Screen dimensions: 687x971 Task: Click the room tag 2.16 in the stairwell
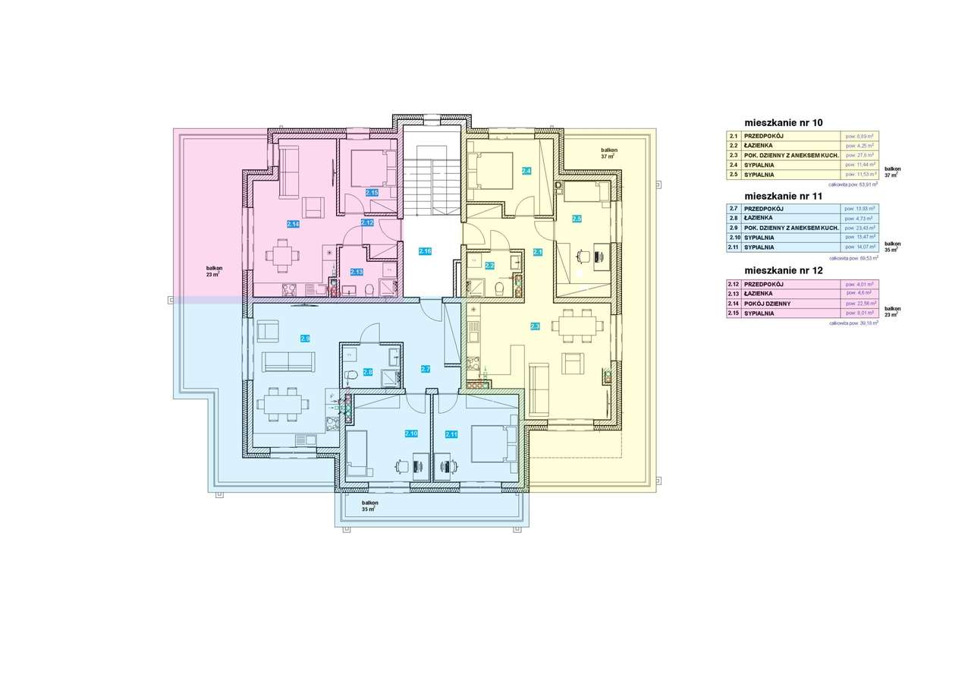point(425,251)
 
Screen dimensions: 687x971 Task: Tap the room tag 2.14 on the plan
point(293,224)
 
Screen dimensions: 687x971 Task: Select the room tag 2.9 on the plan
point(305,338)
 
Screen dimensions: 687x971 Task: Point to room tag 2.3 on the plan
point(535,326)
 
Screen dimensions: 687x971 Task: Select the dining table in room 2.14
point(282,255)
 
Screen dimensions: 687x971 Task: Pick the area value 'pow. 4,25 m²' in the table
point(860,145)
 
